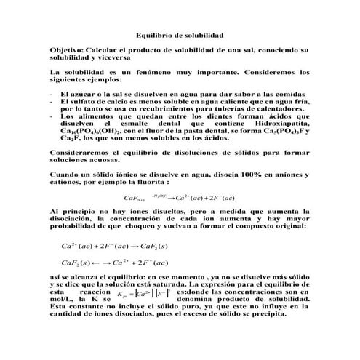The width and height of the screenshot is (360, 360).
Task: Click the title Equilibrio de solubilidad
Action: pos(180,34)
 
